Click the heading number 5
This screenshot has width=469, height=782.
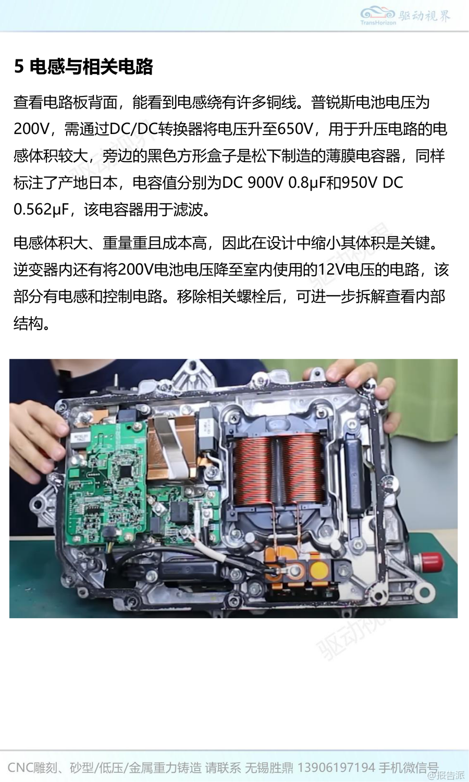(x=19, y=66)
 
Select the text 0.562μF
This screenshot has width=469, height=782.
(x=41, y=210)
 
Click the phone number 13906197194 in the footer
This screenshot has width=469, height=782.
(x=336, y=768)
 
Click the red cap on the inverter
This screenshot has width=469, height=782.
(x=431, y=561)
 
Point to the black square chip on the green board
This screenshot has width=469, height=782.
(x=126, y=470)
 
